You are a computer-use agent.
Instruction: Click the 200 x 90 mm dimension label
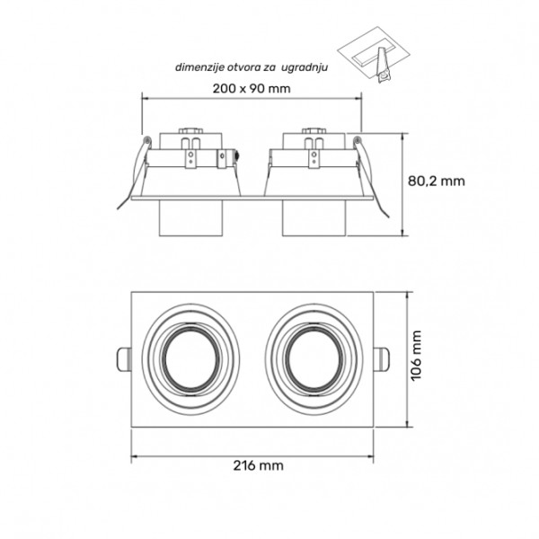pos(252,87)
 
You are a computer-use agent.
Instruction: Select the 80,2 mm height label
pos(436,180)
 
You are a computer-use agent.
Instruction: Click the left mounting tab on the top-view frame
pos(125,358)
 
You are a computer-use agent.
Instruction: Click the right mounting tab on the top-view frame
pos(381,358)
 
